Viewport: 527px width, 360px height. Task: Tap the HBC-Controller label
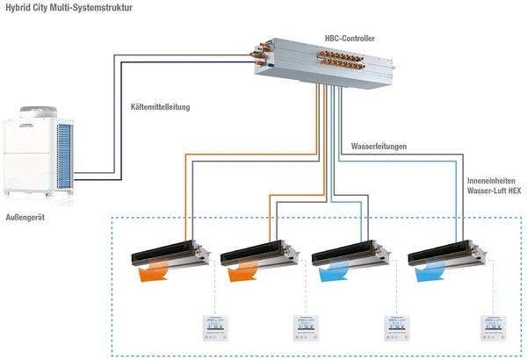pos(351,38)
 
